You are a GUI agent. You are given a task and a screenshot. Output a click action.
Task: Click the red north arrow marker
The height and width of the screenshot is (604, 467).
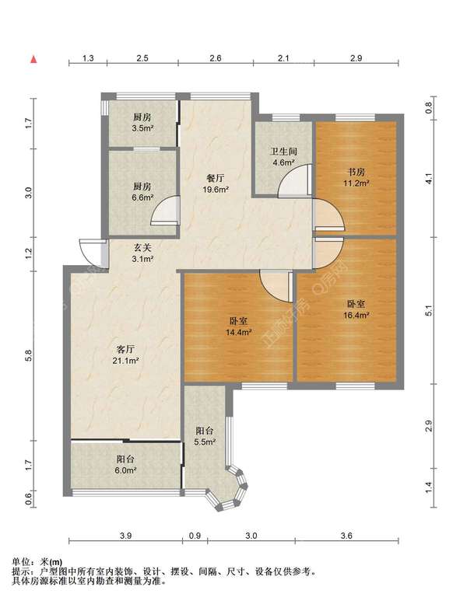[34, 59]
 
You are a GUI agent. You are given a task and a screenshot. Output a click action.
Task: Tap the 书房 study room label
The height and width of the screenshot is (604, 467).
[356, 172]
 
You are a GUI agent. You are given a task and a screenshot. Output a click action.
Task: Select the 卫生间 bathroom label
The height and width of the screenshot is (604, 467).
[284, 151]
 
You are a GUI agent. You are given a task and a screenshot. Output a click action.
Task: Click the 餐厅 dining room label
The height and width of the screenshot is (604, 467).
[216, 178]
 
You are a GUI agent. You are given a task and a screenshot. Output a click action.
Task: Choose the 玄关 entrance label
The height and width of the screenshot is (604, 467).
[142, 248]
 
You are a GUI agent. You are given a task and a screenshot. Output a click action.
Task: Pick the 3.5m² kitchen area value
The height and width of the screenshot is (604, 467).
[142, 128]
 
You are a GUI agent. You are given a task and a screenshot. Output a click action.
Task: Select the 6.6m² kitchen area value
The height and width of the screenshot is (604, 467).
[142, 197]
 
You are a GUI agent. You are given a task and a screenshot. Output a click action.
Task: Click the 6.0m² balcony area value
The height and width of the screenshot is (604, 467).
[126, 470]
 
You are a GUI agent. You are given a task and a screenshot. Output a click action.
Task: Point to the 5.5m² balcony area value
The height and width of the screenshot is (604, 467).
[205, 442]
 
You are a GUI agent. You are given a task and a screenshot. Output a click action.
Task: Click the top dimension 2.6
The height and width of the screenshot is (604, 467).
[215, 58]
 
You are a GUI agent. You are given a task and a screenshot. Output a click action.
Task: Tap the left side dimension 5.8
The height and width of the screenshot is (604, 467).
[28, 355]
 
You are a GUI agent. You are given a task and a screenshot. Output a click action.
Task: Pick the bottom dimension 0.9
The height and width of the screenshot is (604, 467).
[195, 536]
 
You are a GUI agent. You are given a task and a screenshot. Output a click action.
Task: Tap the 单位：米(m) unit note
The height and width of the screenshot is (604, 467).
[37, 562]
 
